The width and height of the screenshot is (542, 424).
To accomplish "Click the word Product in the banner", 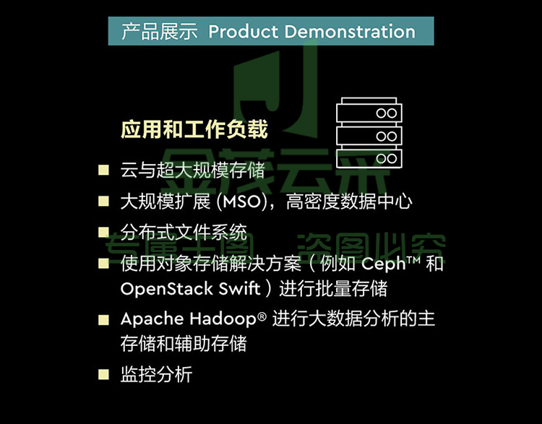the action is point(244,32).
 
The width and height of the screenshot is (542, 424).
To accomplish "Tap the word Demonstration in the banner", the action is point(350,32).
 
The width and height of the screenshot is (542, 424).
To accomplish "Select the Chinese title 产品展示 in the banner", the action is point(160,32).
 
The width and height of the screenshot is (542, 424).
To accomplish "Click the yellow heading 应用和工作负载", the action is point(194,129).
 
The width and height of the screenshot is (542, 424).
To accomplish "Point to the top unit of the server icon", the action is point(369,112).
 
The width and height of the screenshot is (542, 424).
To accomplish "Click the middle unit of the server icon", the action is point(369,136).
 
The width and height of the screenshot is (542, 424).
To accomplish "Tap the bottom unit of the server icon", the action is point(369,159).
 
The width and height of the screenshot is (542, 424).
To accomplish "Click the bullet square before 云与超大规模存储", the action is point(103,170).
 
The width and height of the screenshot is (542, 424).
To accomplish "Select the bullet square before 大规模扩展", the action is point(103,201).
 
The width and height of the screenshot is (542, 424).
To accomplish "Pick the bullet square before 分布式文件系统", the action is point(103,232).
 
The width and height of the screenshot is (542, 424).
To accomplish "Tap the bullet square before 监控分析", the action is point(103,375).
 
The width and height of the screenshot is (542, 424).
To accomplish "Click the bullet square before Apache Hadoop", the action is point(103,320).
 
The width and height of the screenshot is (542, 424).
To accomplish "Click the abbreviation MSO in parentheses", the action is point(241,202).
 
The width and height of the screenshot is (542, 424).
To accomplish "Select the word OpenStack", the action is point(166,289).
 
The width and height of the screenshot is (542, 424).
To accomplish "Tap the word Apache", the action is point(152,319).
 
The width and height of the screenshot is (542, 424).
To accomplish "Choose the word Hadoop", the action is point(223,319).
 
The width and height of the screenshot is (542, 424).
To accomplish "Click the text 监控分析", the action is point(156,375).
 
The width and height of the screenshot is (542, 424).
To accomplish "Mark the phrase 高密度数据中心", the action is point(349,202).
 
